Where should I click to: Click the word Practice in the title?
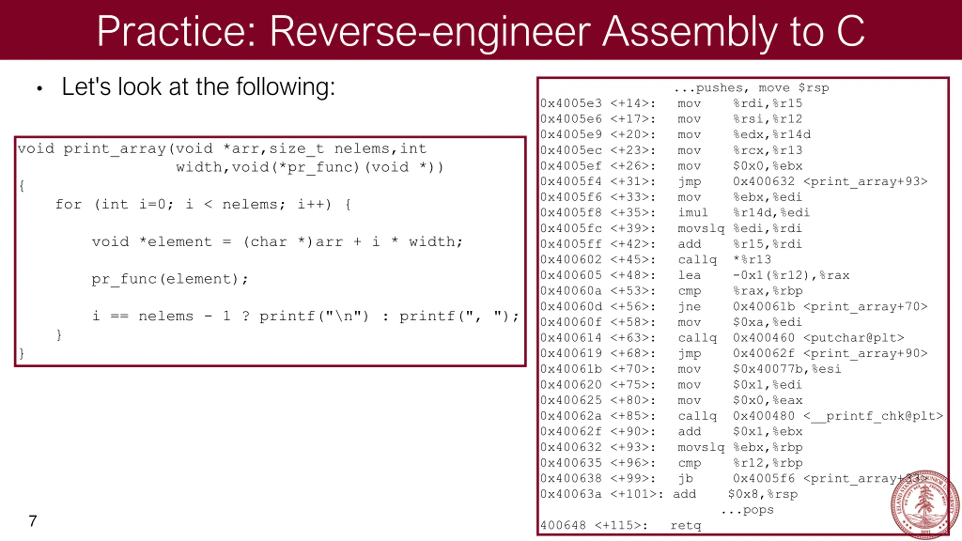click(171, 32)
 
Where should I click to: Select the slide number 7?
click(33, 521)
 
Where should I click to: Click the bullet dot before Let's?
click(40, 89)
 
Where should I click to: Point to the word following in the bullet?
click(285, 87)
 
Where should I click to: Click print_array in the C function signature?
click(115, 149)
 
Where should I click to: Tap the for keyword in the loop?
click(68, 204)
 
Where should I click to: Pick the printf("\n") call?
click(314, 316)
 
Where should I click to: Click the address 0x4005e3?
click(571, 103)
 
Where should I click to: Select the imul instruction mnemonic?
click(693, 213)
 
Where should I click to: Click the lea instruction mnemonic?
click(689, 275)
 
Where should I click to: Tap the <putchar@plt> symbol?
click(853, 338)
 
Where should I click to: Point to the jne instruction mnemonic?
click(689, 307)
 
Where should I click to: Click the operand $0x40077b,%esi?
click(787, 369)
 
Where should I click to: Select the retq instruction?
click(686, 525)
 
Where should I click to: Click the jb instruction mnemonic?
click(685, 479)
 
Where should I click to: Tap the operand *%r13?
click(752, 260)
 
